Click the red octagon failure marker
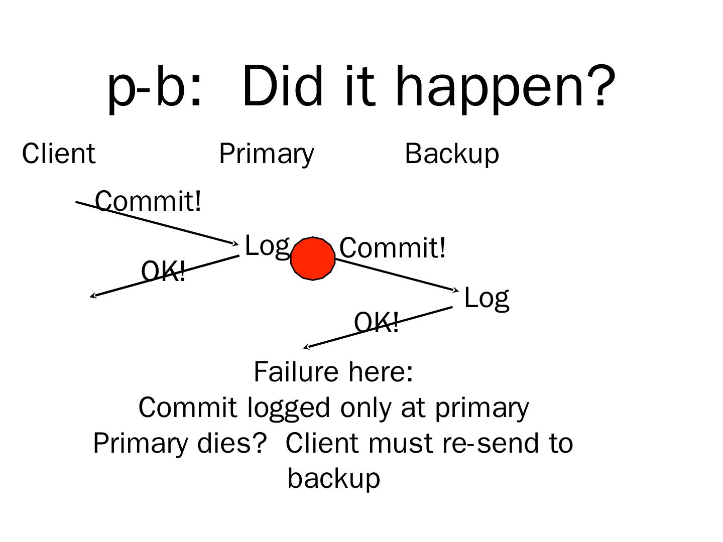[x=312, y=258]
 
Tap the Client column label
[x=58, y=154]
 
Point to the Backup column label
[x=452, y=154]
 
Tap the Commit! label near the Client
[x=148, y=201]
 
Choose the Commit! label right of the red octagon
[x=392, y=248]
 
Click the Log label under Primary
[x=267, y=246]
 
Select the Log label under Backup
[x=487, y=298]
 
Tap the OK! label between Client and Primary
[x=163, y=272]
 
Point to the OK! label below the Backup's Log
[x=377, y=322]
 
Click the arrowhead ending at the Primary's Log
[x=236, y=244]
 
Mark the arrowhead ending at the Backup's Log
[x=456, y=290]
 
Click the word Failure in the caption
[x=289, y=372]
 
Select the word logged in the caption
[x=289, y=408]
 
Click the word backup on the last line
[x=334, y=478]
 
